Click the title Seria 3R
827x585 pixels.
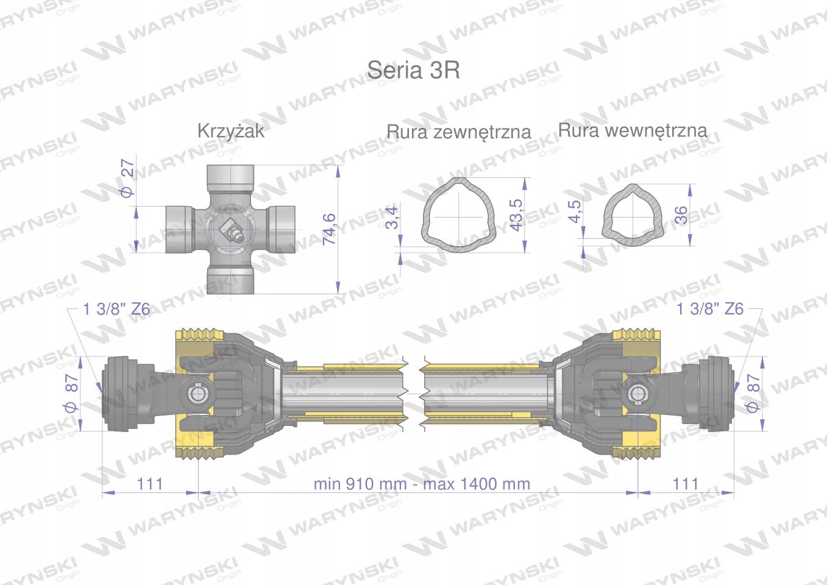click(x=413, y=71)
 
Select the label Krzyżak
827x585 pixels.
click(x=230, y=131)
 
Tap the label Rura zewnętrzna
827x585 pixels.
click(x=458, y=132)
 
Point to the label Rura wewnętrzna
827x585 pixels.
click(x=633, y=130)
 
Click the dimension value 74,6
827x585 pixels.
click(x=330, y=229)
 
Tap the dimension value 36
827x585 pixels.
click(x=681, y=214)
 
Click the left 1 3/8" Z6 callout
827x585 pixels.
click(x=116, y=309)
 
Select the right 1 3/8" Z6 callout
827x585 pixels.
click(x=710, y=309)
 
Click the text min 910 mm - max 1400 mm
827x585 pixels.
click(x=422, y=484)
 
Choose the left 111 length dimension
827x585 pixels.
click(x=150, y=483)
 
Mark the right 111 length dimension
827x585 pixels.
click(x=686, y=483)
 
